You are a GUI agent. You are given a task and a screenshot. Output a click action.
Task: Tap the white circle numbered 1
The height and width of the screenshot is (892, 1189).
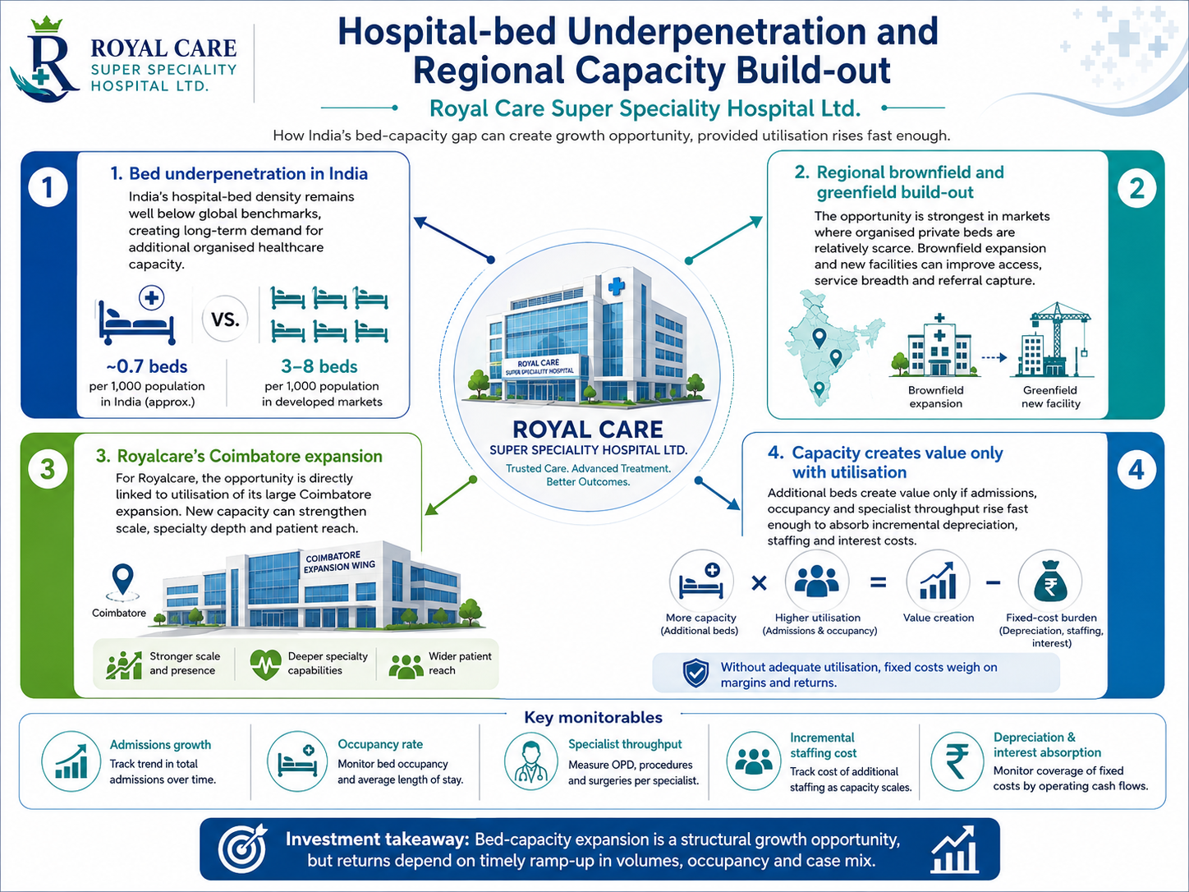[48, 188]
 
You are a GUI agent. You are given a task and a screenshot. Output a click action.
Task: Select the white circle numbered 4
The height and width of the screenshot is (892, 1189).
[1136, 469]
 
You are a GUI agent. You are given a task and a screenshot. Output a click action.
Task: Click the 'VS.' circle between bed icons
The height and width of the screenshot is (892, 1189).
[225, 319]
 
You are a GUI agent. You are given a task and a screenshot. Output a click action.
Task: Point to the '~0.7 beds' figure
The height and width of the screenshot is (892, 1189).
[147, 366]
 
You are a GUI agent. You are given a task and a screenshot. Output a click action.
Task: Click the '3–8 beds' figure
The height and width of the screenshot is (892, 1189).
[319, 366]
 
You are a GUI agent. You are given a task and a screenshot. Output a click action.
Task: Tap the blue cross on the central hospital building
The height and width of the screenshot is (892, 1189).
[616, 286]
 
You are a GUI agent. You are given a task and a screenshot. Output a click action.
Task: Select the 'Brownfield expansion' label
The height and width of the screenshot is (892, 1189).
[935, 397]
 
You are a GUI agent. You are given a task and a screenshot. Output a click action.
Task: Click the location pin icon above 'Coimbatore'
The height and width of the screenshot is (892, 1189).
[123, 579]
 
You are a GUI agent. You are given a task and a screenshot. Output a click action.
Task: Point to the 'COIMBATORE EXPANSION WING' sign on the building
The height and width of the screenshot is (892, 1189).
[340, 562]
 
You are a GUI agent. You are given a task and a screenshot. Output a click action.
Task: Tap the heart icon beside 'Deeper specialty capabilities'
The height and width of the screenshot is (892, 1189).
[265, 664]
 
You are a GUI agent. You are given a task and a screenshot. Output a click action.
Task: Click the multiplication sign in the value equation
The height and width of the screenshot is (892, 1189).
[760, 582]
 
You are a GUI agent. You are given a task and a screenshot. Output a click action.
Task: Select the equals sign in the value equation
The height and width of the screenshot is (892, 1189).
[878, 582]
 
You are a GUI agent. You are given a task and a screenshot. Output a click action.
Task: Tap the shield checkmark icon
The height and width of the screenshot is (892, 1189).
[695, 673]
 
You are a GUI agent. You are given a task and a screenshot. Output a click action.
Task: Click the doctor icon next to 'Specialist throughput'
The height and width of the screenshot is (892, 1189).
[530, 761]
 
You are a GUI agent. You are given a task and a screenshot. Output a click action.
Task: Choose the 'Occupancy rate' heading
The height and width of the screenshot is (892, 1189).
[380, 744]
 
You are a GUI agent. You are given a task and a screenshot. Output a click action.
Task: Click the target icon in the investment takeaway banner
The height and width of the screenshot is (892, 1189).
[243, 848]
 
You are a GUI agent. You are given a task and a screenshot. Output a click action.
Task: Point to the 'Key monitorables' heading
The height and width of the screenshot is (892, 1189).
[593, 718]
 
